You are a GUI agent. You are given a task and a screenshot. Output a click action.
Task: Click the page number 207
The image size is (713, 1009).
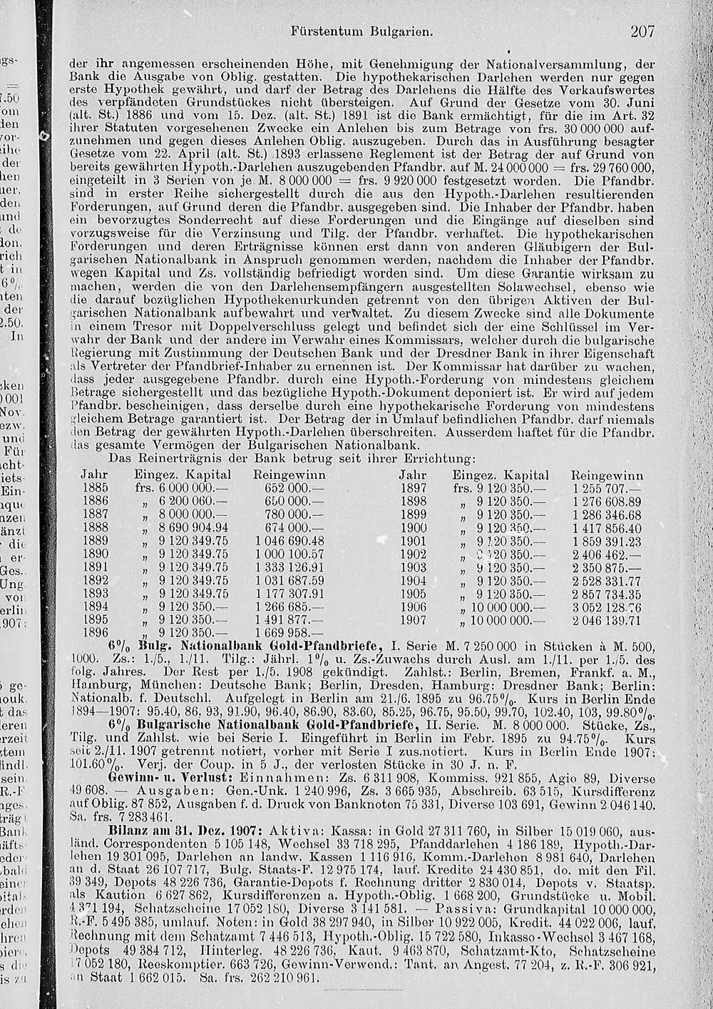coord(642,31)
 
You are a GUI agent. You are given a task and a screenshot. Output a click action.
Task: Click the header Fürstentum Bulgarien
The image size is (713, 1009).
coord(363,32)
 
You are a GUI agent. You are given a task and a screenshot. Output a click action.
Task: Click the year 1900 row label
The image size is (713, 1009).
coord(412,527)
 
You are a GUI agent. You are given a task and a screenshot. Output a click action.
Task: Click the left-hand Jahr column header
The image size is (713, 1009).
coord(94,475)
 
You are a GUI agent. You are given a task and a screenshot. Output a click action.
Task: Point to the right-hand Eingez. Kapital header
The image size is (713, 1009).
coord(501,475)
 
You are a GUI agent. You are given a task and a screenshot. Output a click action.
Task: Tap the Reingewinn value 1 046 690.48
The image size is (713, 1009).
coord(289,540)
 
